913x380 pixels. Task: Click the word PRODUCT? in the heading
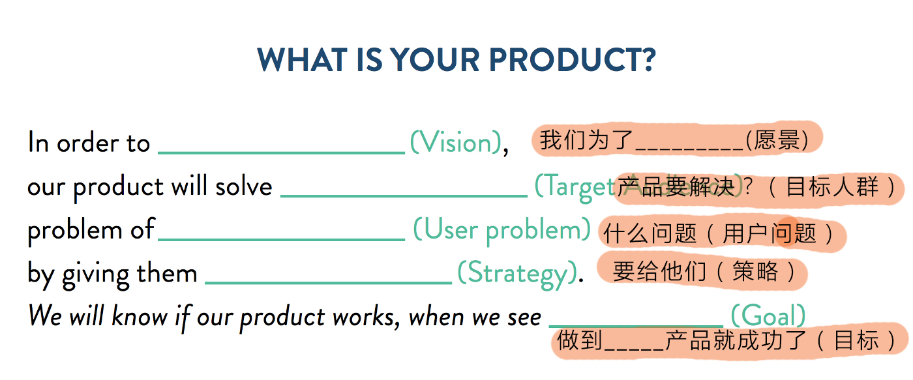point(572,60)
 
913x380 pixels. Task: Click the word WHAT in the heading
point(294,60)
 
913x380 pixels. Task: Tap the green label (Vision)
point(455,143)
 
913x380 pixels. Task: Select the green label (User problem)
point(502,229)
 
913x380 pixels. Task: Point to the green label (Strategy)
point(516,273)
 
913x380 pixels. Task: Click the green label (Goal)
point(768,316)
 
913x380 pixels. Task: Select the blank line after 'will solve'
point(404,195)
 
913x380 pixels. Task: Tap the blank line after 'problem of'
point(281,239)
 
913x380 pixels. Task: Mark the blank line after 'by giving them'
point(328,282)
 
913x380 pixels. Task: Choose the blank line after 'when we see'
point(636,325)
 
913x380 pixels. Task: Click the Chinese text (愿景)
point(777,140)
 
